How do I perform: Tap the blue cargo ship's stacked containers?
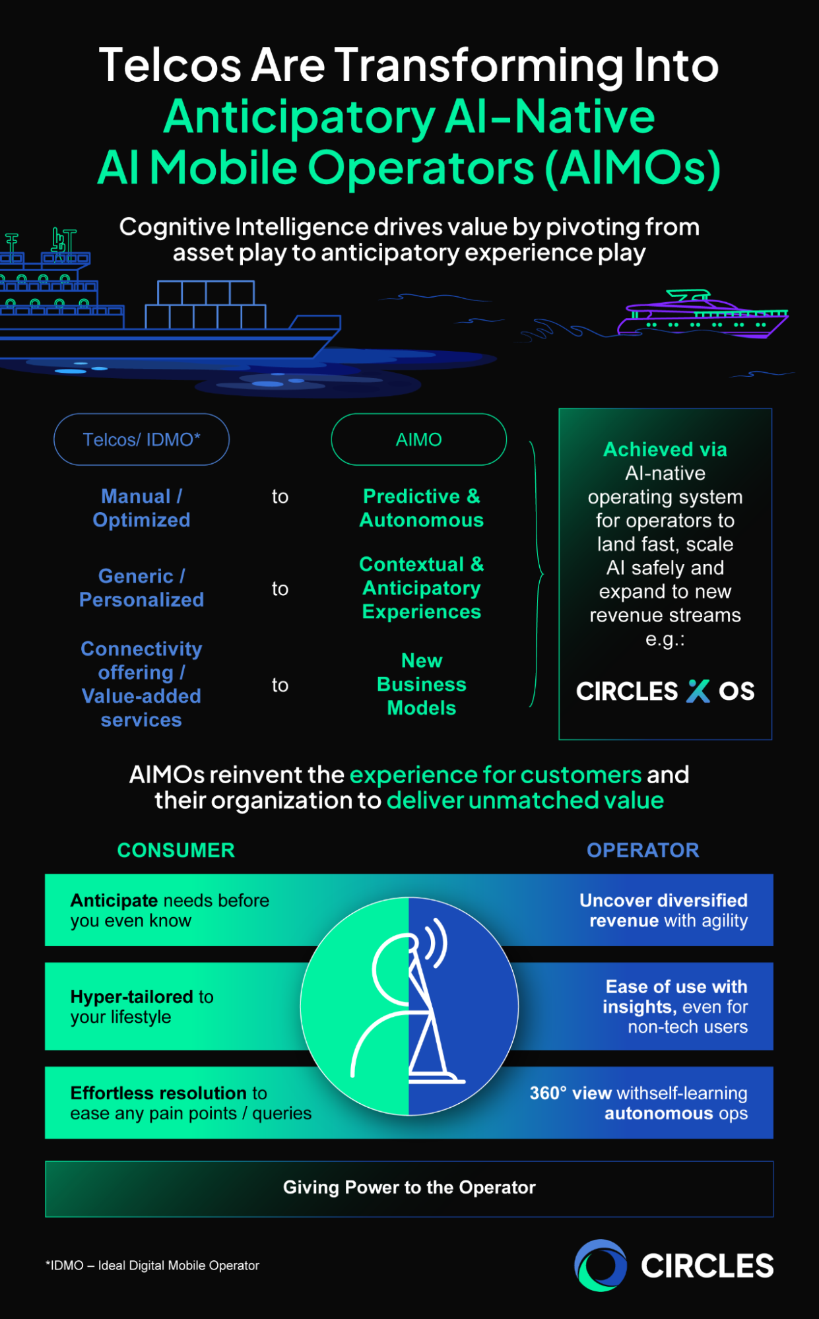(x=206, y=305)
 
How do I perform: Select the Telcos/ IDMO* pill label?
(x=141, y=439)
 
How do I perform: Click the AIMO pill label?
(x=418, y=439)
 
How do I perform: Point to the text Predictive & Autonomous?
(x=421, y=508)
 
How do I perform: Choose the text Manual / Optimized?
(x=141, y=508)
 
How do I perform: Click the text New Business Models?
(x=421, y=684)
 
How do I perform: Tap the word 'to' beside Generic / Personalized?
(x=280, y=589)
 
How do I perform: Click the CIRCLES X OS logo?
(x=665, y=691)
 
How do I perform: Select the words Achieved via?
(x=665, y=449)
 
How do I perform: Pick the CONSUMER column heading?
(x=176, y=850)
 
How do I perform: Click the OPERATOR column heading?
(x=642, y=850)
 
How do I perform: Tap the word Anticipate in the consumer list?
(x=114, y=901)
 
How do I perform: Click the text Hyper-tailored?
(x=132, y=996)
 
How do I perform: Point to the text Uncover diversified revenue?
(x=663, y=910)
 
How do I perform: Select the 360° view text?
(x=570, y=1093)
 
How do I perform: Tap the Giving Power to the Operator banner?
(x=409, y=1188)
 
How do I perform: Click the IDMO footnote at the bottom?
(x=152, y=1266)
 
